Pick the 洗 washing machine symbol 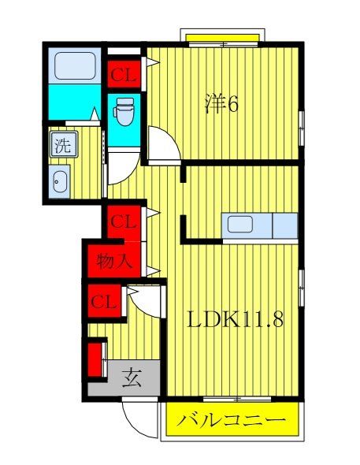pos(61,145)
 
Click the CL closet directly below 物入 pos(105,301)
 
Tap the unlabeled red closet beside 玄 pos(97,359)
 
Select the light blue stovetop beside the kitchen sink pos(284,225)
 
